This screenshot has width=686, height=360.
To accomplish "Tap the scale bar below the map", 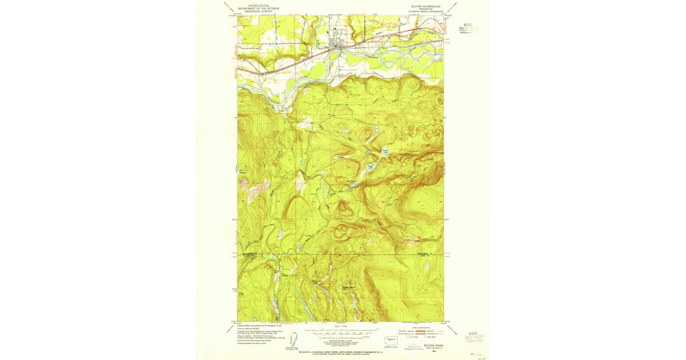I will pyautogui.click(x=340, y=332).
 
